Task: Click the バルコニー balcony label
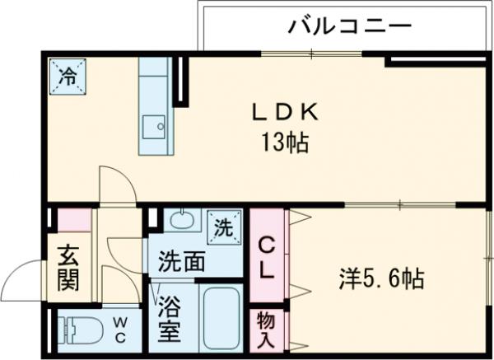click(x=349, y=28)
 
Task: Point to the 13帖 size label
click(x=286, y=143)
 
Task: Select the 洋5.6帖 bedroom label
click(x=381, y=279)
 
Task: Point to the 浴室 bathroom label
click(x=172, y=317)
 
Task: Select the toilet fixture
click(x=79, y=330)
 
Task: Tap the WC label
click(x=119, y=331)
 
